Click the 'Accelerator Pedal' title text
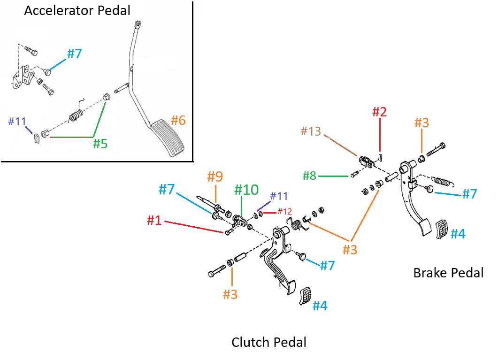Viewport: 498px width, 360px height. pyautogui.click(x=77, y=10)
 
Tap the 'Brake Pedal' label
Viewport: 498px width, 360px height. pyautogui.click(x=448, y=273)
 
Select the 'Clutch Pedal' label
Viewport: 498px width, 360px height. pyautogui.click(x=268, y=342)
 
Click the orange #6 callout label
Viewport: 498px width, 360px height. pyautogui.click(x=178, y=120)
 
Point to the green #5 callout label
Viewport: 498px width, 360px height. pyautogui.click(x=100, y=144)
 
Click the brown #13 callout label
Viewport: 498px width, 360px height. pyautogui.click(x=311, y=131)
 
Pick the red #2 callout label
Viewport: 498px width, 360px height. pyautogui.click(x=379, y=112)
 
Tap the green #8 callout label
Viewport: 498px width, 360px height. pyautogui.click(x=309, y=176)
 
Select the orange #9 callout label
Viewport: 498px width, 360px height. pyautogui.click(x=215, y=176)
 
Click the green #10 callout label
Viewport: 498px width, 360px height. pyautogui.click(x=246, y=190)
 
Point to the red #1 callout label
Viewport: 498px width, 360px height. pyautogui.click(x=154, y=220)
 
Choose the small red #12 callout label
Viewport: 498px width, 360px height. pyautogui.click(x=284, y=211)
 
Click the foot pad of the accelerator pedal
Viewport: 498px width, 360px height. pyautogui.click(x=168, y=138)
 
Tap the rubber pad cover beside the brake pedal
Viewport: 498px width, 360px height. pyautogui.click(x=442, y=229)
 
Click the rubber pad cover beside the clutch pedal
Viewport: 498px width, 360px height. pyautogui.click(x=305, y=296)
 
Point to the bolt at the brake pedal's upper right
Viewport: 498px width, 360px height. pyautogui.click(x=436, y=149)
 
